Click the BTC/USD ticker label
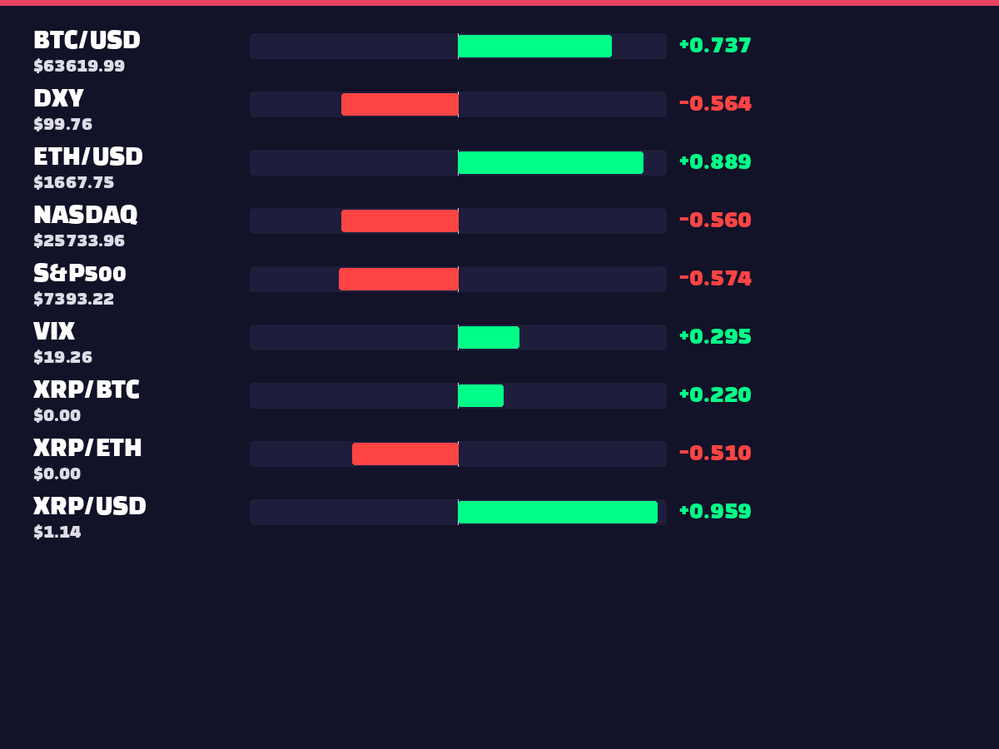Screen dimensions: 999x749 [x=87, y=40]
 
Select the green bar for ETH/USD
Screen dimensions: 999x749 [x=551, y=162]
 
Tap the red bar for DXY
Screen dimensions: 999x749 [x=400, y=104]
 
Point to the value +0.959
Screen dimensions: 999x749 [x=715, y=511]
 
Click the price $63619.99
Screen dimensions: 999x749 [x=79, y=66]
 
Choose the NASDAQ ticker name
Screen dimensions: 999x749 [x=86, y=215]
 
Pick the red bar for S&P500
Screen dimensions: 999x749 [x=399, y=279]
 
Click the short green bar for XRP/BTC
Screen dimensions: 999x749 [x=481, y=395]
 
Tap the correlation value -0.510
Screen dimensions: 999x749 [x=715, y=453]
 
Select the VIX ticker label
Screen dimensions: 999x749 [x=54, y=331]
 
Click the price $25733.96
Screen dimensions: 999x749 [x=79, y=241]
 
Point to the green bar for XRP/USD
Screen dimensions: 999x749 [x=558, y=512]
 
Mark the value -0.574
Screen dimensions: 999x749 [x=715, y=278]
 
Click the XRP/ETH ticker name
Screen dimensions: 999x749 [x=87, y=448]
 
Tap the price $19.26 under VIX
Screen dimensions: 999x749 [x=62, y=357]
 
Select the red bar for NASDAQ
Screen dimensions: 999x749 [x=400, y=221]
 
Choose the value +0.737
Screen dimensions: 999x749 [x=715, y=46]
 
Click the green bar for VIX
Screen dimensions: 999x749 [x=489, y=337]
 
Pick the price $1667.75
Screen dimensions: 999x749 [x=74, y=182]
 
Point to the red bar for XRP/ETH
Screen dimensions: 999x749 [x=405, y=454]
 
